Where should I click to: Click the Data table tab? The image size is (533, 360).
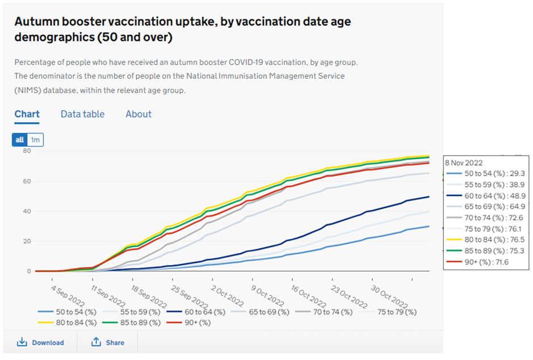tap(82, 114)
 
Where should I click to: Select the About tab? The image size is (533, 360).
tap(139, 114)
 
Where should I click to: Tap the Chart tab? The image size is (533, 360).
tap(27, 114)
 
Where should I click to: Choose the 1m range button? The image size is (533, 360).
tap(35, 140)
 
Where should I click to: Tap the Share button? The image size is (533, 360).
tap(108, 342)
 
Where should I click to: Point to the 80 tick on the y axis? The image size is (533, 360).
tap(26, 151)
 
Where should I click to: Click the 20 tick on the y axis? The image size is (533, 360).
tap(26, 241)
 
